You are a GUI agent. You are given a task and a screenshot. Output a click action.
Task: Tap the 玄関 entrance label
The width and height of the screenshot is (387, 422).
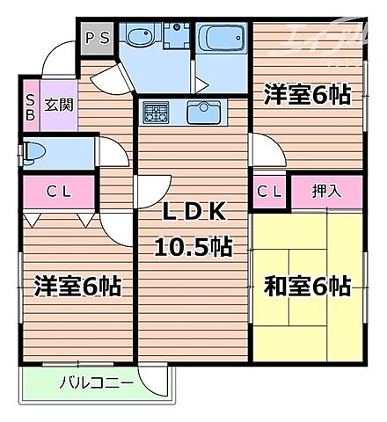pyautogui.click(x=61, y=105)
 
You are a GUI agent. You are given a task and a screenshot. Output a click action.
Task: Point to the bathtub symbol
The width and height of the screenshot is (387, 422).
pyautogui.click(x=220, y=40)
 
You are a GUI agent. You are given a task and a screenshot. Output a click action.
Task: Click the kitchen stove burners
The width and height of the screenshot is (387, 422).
pyautogui.click(x=157, y=113)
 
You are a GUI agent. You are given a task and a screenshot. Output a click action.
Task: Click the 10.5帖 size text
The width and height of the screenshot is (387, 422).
pyautogui.click(x=193, y=248)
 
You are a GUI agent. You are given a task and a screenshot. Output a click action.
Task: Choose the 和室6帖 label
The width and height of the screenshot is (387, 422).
pyautogui.click(x=308, y=286)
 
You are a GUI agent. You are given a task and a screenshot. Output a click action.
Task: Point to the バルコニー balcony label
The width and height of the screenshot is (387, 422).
pyautogui.click(x=97, y=383)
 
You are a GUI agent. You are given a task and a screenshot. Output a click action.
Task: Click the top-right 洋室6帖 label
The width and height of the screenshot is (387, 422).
pyautogui.click(x=307, y=95)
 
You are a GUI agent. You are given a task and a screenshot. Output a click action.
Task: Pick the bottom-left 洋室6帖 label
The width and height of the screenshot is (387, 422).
pyautogui.click(x=77, y=286)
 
